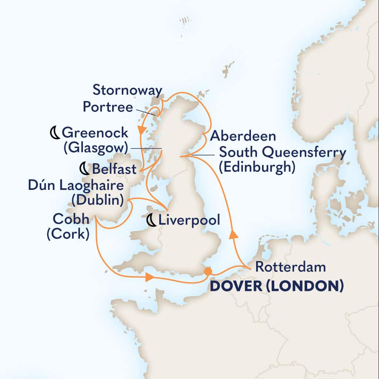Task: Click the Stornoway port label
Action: [127, 90]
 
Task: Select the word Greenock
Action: [95, 133]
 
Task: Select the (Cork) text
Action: [67, 235]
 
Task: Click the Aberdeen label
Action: [243, 136]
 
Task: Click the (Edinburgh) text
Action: [257, 167]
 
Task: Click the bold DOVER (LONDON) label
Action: [277, 286]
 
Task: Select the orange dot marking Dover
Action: [208, 271]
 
